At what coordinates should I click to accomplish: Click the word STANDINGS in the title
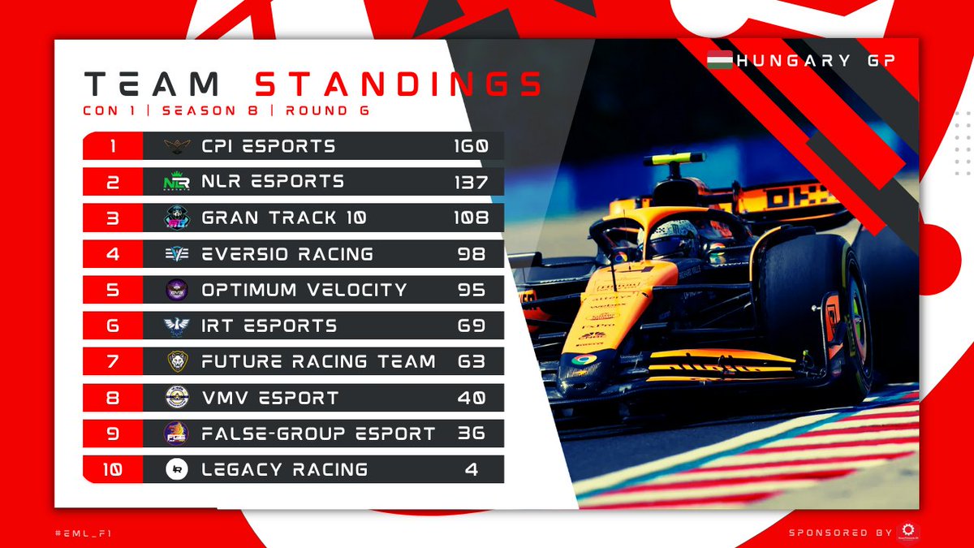pyautogui.click(x=398, y=84)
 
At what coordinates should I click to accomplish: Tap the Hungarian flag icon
pyautogui.click(x=720, y=60)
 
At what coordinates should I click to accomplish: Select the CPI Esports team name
pyautogui.click(x=268, y=147)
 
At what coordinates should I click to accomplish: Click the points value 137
pyautogui.click(x=471, y=182)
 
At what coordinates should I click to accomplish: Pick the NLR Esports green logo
pyautogui.click(x=176, y=183)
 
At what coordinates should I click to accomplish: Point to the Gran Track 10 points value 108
pyautogui.click(x=471, y=218)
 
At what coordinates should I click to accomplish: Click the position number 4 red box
pyautogui.click(x=113, y=254)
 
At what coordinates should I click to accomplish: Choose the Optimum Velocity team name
pyautogui.click(x=304, y=290)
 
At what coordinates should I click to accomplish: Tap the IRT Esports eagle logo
pyautogui.click(x=176, y=326)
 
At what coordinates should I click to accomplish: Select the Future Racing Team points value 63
pyautogui.click(x=471, y=361)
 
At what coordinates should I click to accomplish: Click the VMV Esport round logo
pyautogui.click(x=176, y=398)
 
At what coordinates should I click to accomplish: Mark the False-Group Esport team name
pyautogui.click(x=318, y=434)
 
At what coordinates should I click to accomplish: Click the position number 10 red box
pyautogui.click(x=113, y=469)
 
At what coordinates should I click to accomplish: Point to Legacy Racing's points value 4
pyautogui.click(x=472, y=469)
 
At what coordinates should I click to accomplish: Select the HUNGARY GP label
pyautogui.click(x=814, y=61)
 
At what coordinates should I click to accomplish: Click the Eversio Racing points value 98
pyautogui.click(x=471, y=254)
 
